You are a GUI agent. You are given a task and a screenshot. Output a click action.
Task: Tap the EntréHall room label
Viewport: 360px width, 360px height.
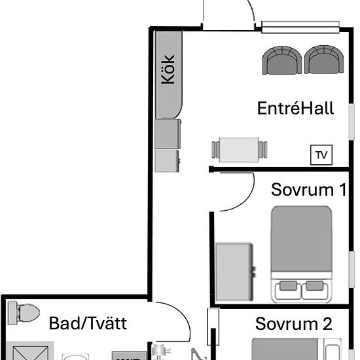(x=295, y=108)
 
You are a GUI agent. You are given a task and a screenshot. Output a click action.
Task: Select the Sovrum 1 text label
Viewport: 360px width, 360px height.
(x=308, y=190)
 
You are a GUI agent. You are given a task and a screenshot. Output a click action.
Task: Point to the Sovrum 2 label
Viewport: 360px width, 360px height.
(x=294, y=323)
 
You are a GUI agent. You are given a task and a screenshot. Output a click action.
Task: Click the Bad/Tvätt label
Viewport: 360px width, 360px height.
(x=88, y=323)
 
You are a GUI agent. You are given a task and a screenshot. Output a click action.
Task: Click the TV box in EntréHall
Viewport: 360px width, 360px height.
(x=321, y=155)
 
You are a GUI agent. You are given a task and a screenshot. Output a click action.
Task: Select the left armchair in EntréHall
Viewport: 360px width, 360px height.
(x=283, y=61)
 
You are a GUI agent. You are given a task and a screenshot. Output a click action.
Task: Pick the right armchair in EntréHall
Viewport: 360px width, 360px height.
(x=325, y=61)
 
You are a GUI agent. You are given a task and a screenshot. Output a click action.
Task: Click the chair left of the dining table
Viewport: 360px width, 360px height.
(x=215, y=149)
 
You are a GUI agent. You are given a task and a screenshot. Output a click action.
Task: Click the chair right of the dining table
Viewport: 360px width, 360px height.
(x=264, y=149)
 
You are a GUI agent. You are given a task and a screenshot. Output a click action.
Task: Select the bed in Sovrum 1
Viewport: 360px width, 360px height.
(x=302, y=252)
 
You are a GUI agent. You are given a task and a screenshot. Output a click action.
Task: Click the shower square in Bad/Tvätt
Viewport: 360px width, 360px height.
(x=29, y=352)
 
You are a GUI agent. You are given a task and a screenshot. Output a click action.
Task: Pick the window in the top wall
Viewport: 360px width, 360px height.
(x=303, y=27)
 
